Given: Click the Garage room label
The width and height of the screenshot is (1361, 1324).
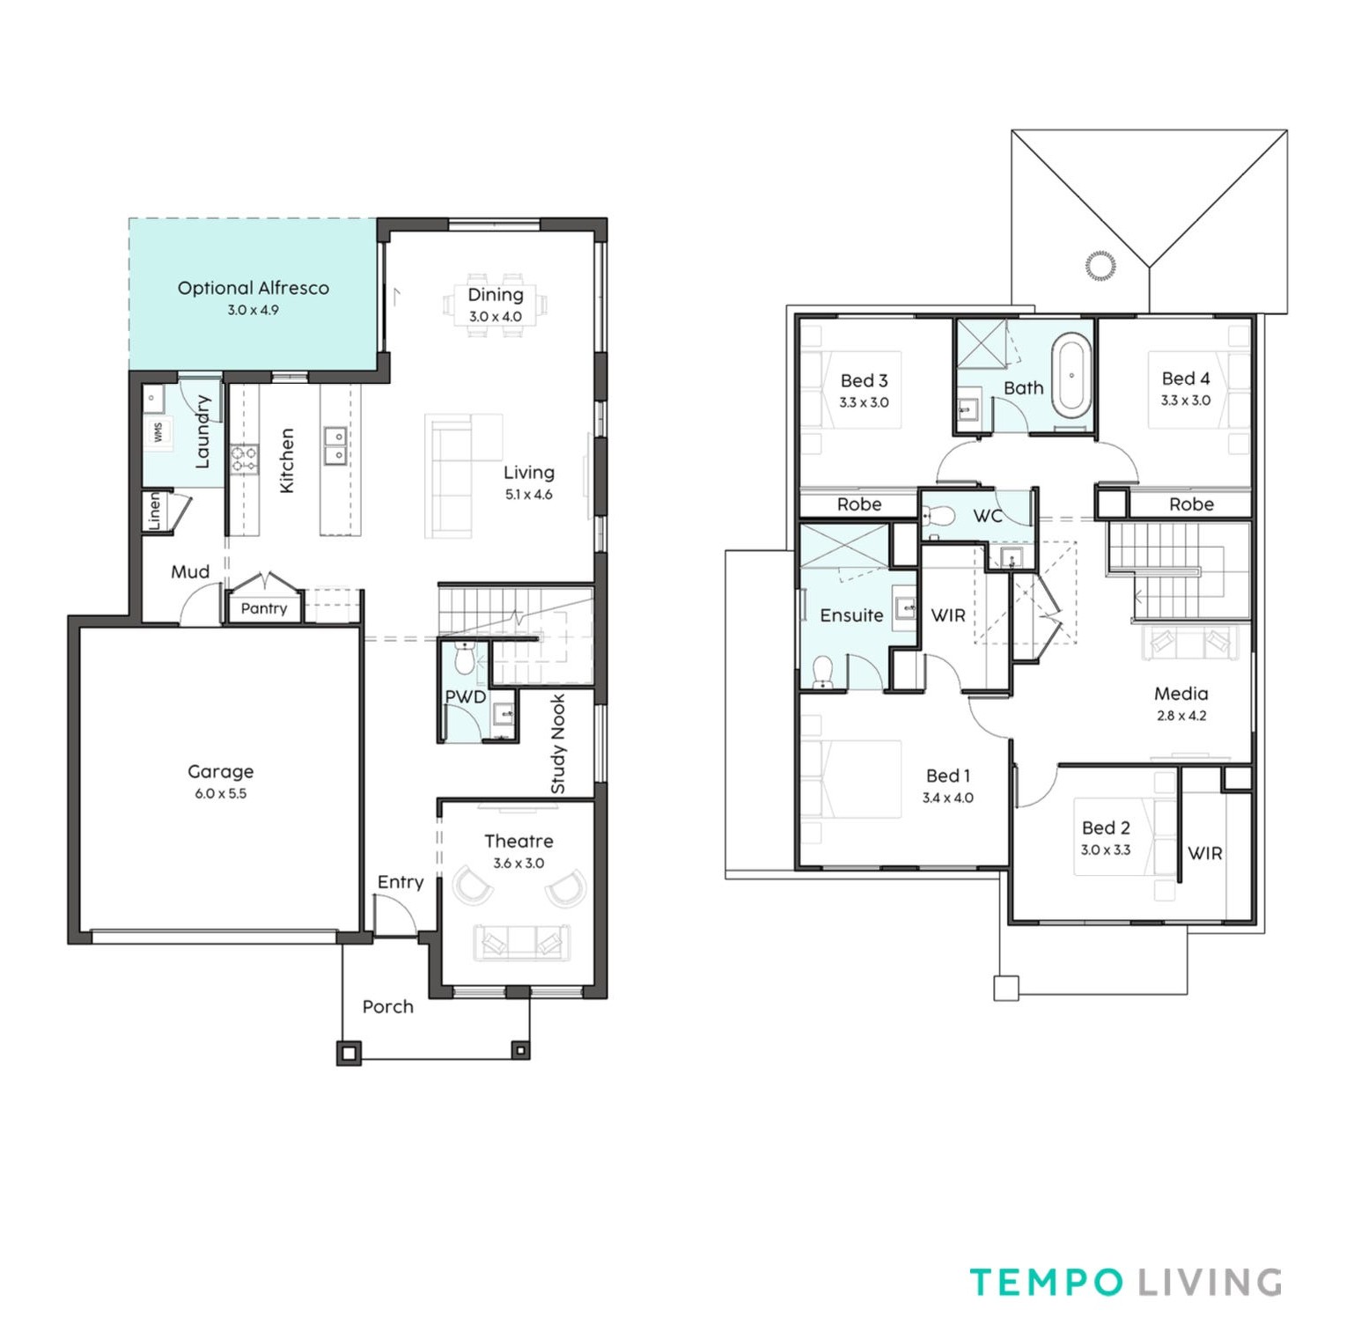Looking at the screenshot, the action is [220, 771].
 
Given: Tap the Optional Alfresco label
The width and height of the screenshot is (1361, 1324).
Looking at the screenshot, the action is [254, 288].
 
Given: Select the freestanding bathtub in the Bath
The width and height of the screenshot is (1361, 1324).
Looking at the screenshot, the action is [1071, 376].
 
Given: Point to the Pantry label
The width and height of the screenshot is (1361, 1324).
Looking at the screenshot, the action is [264, 608].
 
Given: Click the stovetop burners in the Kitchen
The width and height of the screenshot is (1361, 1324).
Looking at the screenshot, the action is [245, 458].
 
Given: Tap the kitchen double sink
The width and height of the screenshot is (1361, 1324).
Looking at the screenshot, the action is [335, 445].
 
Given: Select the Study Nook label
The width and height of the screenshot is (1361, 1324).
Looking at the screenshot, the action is [557, 744].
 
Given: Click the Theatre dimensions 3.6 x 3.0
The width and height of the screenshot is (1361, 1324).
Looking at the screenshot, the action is [519, 863].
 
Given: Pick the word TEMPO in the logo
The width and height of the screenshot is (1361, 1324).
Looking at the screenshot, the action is [1047, 1282].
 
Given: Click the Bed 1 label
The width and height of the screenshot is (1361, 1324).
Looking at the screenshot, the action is [948, 776].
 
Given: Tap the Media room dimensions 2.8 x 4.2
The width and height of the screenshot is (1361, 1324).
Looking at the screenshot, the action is [1181, 716].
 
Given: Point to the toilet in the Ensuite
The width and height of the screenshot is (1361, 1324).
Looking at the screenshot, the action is [822, 671].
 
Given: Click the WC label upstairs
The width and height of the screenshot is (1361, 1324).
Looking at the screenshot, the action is [988, 516].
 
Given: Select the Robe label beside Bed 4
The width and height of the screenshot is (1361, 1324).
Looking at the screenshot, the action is [1191, 504].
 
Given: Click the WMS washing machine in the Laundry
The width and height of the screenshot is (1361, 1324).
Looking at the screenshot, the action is [158, 431].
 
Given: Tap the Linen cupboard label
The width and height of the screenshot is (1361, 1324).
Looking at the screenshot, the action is [155, 511].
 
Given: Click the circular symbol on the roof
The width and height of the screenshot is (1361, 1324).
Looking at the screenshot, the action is [1100, 266].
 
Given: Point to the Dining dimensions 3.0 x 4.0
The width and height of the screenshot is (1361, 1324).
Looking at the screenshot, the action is [495, 316].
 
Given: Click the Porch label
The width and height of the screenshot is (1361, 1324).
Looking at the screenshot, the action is [388, 1006].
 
